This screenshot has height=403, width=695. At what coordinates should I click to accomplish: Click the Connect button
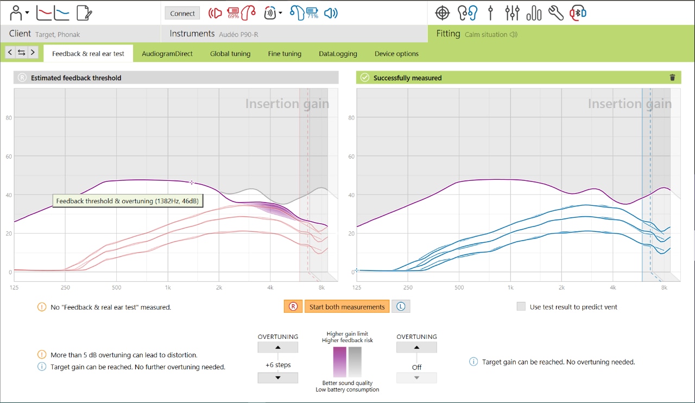coord(182,14)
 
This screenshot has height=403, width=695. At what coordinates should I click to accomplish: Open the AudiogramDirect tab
coord(167,54)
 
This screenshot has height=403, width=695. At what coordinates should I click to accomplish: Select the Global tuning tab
coord(230,54)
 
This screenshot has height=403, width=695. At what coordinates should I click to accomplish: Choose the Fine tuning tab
coord(285,54)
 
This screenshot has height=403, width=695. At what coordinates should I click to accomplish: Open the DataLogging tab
coord(338,54)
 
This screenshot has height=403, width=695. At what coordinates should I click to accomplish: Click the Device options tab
coord(396,54)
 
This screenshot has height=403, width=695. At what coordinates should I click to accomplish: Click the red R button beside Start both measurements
coord(293,307)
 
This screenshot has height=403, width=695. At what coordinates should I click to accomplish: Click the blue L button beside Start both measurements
coord(401,307)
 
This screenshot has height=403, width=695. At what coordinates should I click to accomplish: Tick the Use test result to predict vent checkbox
coord(521,307)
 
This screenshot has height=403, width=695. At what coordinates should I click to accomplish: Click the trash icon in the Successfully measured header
coord(672,78)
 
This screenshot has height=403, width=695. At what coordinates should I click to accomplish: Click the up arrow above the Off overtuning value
coord(416,348)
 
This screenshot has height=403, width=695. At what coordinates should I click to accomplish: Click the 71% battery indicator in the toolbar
coord(312,13)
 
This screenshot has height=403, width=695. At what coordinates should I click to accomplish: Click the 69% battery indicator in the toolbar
coord(233,13)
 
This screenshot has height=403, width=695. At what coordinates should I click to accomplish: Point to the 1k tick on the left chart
coord(168,287)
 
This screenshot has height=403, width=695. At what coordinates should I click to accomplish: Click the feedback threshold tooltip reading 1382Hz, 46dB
coord(128,201)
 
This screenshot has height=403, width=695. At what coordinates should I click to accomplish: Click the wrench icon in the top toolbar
coord(555,13)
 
